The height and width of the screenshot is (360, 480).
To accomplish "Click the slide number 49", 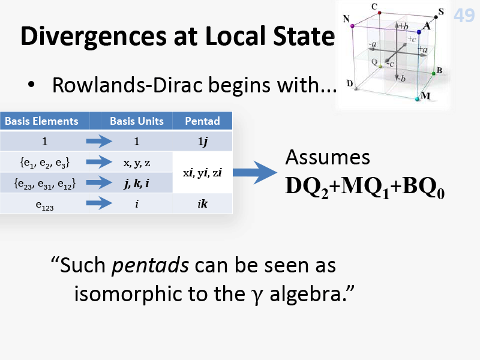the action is (464, 16).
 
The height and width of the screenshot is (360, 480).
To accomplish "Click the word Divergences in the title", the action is (94, 37).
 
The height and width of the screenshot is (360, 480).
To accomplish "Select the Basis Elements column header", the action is (41, 121).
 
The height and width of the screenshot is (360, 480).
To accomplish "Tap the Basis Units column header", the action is (137, 121).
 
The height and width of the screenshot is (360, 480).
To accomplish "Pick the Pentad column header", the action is (202, 121).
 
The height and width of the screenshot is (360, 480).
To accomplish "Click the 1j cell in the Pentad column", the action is (202, 142).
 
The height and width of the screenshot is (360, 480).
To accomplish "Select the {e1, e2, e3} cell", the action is (44, 163).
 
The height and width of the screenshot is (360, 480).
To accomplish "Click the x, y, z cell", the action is (137, 163).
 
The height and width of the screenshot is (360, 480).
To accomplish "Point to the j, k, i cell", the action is (137, 183).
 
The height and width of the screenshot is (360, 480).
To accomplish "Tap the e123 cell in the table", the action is (44, 205).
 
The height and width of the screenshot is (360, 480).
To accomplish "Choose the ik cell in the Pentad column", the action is (202, 203).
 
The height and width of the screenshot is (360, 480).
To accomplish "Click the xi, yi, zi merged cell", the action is (202, 173).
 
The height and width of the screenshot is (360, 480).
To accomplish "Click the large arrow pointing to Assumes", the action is (254, 173).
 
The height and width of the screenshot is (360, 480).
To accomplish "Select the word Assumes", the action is (328, 158).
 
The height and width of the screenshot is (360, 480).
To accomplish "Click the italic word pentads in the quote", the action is (150, 265).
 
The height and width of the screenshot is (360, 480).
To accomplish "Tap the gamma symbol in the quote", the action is (259, 296).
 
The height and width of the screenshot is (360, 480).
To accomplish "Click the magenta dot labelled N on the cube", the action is (352, 26).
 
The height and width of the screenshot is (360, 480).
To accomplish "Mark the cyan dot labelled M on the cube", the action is (417, 99).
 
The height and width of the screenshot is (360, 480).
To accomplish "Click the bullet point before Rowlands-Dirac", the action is (31, 85).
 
